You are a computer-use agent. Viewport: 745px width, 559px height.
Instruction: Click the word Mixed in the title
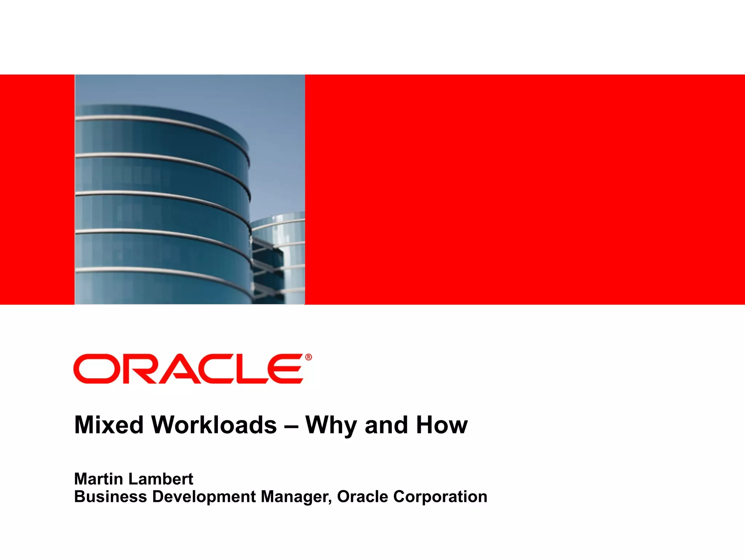click(x=109, y=425)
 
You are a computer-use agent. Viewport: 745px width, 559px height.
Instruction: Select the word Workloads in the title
click(x=214, y=425)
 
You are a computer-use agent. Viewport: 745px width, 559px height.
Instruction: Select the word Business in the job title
click(x=110, y=497)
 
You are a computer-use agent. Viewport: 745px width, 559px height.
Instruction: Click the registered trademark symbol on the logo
click(x=308, y=357)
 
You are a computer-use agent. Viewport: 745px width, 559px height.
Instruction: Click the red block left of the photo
click(x=37, y=189)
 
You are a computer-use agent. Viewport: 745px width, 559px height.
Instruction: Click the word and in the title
click(x=386, y=425)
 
